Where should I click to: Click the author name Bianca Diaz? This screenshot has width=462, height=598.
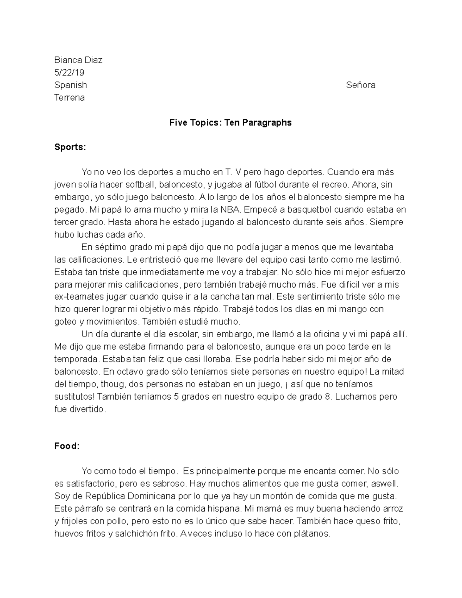coord(78,60)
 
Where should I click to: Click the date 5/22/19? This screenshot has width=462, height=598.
coord(69,72)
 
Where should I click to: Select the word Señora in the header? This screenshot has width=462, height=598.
coord(360,85)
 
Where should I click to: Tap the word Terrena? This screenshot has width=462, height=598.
coord(69,97)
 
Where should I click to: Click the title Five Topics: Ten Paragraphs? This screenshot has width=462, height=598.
coord(231,123)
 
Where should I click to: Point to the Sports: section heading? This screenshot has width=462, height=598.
coord(70,147)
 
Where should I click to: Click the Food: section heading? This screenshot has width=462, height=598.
coord(67,446)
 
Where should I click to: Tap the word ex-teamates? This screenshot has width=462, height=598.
coord(77,297)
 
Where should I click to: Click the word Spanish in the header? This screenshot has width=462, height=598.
coord(70,85)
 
